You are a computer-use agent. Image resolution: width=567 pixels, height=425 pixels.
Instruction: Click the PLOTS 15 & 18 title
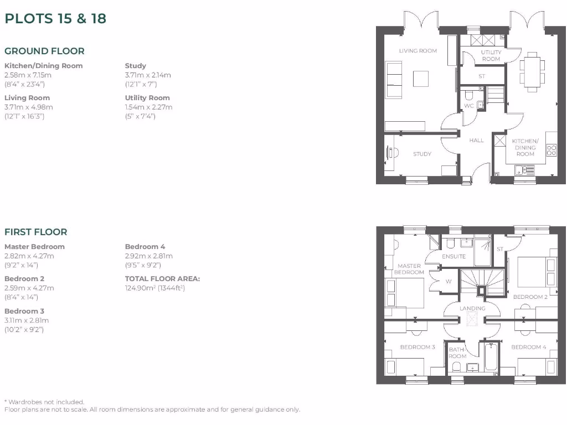(x=55, y=18)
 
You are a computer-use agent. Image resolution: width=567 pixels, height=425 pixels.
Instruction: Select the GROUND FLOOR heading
(x=44, y=51)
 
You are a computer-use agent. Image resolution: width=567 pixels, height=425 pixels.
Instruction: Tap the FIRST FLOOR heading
(x=35, y=232)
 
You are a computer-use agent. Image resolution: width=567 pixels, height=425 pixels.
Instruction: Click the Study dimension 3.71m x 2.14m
(x=148, y=75)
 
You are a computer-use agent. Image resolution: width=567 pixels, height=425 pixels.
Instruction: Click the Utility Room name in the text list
(x=147, y=98)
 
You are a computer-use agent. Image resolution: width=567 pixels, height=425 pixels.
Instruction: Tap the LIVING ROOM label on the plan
(x=418, y=51)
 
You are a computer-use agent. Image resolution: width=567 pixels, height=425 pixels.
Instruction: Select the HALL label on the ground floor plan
(x=476, y=141)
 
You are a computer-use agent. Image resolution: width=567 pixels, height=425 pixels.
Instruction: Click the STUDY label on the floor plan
(x=422, y=154)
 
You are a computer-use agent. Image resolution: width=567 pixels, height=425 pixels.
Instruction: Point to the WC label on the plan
(x=468, y=106)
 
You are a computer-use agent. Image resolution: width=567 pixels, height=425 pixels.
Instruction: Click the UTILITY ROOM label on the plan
(x=491, y=55)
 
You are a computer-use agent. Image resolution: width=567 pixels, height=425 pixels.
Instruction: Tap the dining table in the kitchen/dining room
(x=532, y=71)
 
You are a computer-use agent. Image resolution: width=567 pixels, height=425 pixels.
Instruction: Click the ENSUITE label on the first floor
(x=454, y=257)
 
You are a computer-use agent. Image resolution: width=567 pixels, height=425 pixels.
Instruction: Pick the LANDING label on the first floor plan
(x=472, y=308)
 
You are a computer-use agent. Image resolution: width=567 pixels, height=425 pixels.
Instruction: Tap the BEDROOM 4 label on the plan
(x=528, y=347)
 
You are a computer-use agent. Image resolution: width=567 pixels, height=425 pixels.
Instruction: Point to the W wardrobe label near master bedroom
(x=448, y=281)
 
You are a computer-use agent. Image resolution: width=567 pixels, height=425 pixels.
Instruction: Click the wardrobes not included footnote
(x=44, y=402)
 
